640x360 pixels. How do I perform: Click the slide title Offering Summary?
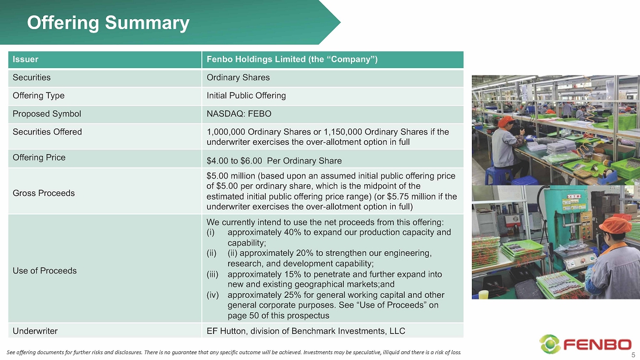108,23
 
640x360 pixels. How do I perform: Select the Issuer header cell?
105,59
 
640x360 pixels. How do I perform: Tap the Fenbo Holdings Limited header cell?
333,59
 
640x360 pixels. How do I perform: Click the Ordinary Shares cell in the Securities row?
238,77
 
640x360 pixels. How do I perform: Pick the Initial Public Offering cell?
246,95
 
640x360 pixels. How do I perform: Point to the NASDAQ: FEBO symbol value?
239,114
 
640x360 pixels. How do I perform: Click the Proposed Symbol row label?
47,114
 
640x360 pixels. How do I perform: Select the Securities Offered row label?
47,132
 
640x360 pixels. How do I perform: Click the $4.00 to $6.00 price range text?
234,161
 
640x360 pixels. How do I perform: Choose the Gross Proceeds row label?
44,193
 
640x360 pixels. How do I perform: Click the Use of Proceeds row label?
44,271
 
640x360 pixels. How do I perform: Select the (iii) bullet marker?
212,275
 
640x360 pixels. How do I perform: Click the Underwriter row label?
35,331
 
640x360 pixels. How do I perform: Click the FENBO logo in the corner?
586,344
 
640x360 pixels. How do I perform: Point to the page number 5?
634,355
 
